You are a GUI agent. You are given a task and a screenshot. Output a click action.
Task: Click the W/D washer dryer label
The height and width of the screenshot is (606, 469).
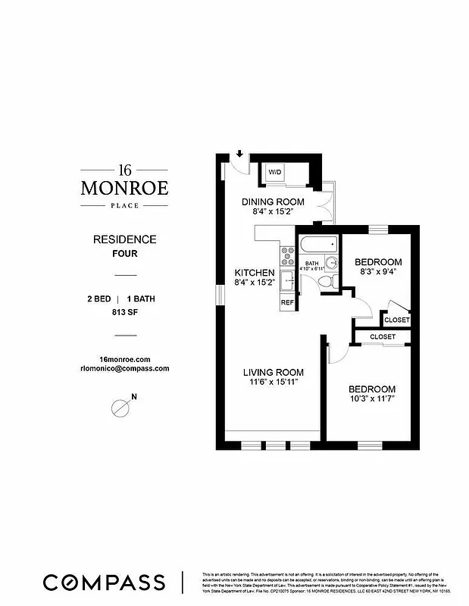pos(274,173)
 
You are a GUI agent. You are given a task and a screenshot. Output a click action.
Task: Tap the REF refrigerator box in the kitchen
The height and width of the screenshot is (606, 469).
pos(287,302)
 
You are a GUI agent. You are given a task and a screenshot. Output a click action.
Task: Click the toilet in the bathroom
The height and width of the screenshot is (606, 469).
pos(324,281)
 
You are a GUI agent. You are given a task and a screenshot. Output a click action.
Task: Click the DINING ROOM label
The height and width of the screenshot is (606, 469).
pos(273,201)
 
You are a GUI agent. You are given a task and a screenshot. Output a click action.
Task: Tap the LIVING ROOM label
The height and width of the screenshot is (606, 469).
pos(273,372)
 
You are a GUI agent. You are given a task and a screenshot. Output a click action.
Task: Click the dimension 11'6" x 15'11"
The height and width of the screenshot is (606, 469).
pos(273,383)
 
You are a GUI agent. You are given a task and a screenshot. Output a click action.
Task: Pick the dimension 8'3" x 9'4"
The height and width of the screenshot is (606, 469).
pos(378,272)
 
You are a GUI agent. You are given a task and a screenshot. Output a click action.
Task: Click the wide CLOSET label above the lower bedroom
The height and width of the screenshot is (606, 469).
pos(383,336)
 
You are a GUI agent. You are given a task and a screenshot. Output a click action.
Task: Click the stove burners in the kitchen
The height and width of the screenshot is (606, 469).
pos(287,256)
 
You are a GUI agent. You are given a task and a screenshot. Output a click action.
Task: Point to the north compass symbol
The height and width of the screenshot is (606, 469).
pos(120,407)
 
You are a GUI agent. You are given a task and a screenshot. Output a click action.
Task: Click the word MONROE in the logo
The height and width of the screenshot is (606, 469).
pos(125,186)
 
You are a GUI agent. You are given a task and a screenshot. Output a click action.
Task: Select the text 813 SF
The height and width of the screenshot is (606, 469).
pos(125,311)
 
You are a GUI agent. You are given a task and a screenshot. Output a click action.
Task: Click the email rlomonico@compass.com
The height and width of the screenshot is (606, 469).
pos(125,368)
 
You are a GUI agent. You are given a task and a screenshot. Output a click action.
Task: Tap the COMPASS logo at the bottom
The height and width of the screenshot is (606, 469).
pos(104,582)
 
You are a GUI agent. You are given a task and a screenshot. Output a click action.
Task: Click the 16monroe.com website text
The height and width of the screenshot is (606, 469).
pos(125,358)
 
